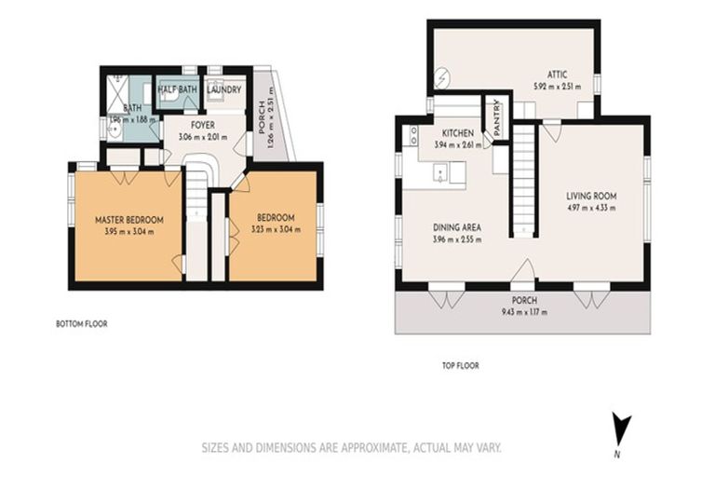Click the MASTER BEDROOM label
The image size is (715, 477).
coord(129,220)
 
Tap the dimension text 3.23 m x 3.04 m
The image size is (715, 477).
coord(277,230)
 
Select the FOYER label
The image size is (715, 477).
coord(204,125)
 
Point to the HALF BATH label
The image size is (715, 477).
coord(176,89)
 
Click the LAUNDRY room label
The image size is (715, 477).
coord(224,89)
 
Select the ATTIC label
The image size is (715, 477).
coord(557,75)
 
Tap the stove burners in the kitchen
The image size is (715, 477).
coord(412,136)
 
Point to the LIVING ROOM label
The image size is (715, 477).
coord(593,197)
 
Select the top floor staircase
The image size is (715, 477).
coord(525,177)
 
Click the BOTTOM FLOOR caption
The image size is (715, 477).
coord(83,325)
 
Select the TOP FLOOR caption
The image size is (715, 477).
coord(460,366)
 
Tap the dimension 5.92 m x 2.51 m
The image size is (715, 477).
coord(557,87)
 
